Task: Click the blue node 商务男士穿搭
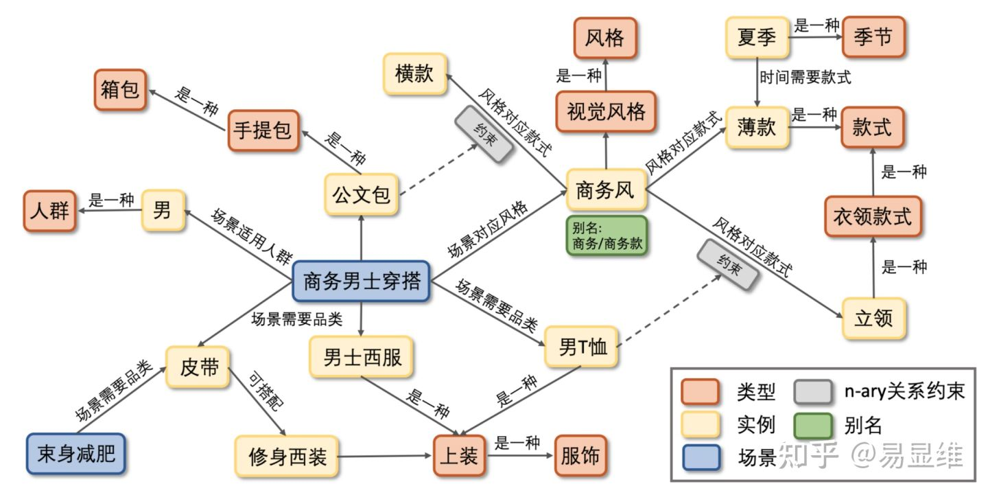pos(361,281)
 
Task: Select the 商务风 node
pos(607,189)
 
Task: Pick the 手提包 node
pos(263,130)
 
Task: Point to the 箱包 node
pos(120,89)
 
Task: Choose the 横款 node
pos(414,74)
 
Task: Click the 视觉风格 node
pos(606,111)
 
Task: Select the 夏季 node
pos(757,37)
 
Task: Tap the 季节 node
pos(873,37)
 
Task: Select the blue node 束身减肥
pos(76,454)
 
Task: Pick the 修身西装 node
pos(286,456)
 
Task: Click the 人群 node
pos(49,211)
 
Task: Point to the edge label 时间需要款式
pos(804,77)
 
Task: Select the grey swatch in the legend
pos(813,391)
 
